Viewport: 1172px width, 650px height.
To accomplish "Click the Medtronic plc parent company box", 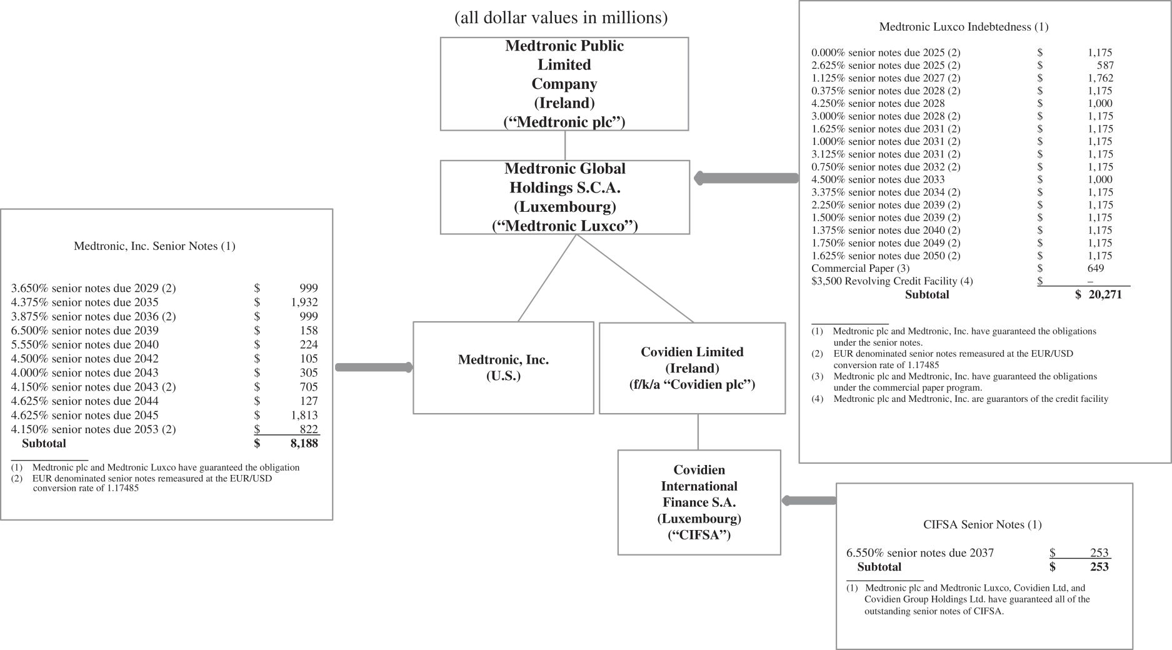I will [x=564, y=84].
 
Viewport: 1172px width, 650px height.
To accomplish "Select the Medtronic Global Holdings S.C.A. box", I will [x=564, y=197].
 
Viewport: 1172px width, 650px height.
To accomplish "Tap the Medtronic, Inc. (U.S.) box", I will [x=503, y=367].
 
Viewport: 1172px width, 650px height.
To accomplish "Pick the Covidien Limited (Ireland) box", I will [x=692, y=368].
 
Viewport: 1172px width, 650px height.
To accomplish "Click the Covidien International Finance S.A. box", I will [x=699, y=502].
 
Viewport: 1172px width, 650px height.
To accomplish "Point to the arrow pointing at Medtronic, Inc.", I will [x=373, y=367].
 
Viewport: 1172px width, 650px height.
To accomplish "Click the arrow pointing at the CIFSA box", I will [x=809, y=501].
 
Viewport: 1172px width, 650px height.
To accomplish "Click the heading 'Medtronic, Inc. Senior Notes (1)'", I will [x=154, y=246].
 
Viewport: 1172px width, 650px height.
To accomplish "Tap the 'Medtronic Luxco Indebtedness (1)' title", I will [x=963, y=27].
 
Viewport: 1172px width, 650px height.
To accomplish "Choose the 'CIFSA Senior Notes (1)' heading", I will [x=982, y=525].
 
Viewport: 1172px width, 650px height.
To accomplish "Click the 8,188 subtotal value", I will [x=304, y=444].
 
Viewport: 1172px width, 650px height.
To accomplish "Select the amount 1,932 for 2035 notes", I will [x=304, y=302].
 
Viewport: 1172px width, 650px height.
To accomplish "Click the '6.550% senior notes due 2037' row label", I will [x=919, y=553].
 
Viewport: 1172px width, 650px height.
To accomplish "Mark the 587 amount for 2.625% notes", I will [x=1104, y=66].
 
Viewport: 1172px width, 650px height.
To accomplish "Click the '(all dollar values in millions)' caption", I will [x=561, y=18].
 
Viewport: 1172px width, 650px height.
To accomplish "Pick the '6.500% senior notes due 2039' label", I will [x=84, y=331].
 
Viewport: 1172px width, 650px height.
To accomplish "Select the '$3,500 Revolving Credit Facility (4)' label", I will [x=892, y=281].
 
